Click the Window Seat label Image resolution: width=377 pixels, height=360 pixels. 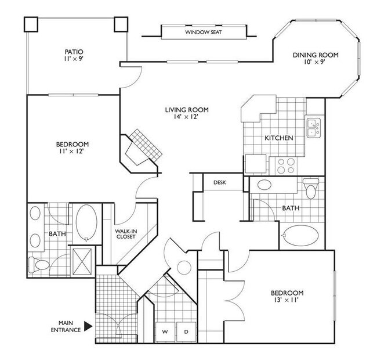point(203,33)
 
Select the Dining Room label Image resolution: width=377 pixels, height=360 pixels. point(315,59)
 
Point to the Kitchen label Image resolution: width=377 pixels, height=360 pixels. point(278,138)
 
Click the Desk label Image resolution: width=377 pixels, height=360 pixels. point(219,182)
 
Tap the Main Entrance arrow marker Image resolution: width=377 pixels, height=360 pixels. point(88,326)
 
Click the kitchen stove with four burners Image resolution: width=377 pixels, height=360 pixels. point(285,165)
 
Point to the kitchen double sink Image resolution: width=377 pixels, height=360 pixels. point(313,127)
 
